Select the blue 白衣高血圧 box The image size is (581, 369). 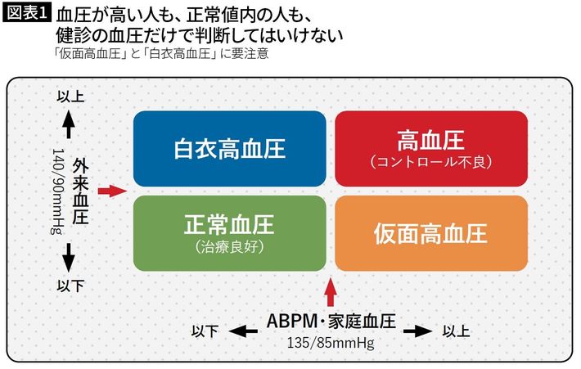click(229, 149)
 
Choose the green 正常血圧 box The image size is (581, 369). click(229, 233)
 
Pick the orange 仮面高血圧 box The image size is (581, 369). click(430, 233)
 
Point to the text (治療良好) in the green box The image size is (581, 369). click(228, 245)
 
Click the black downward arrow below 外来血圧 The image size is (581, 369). click(69, 259)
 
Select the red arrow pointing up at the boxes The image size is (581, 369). click(330, 290)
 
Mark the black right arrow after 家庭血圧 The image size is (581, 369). click(417, 331)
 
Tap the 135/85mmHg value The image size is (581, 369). click(331, 343)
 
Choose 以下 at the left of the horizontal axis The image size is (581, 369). click(205, 331)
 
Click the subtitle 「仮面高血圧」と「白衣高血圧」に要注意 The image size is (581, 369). click(159, 54)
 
